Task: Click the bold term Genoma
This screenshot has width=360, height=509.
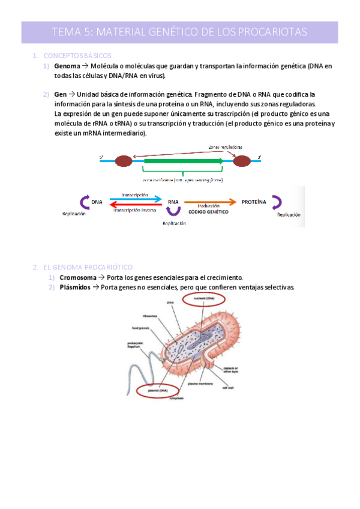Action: click(67, 66)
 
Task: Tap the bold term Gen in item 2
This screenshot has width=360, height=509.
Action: click(60, 95)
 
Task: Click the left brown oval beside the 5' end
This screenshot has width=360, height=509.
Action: click(124, 160)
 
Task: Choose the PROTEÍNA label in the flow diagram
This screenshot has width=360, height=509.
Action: click(254, 202)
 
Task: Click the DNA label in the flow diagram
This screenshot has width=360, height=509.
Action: click(97, 203)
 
